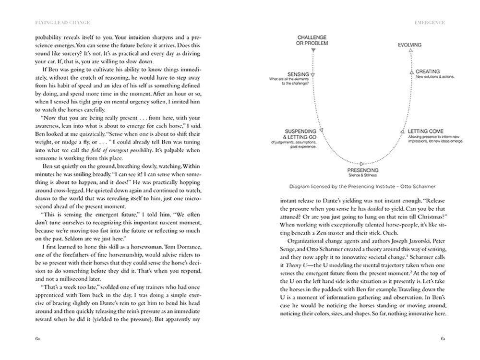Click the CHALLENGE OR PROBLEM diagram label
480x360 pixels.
[312, 40]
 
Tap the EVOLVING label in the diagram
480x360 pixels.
[409, 45]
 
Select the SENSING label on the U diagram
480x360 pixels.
[298, 74]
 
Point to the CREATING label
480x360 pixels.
[427, 71]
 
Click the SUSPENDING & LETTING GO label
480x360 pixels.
[300, 134]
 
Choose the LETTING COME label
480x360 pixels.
[426, 131]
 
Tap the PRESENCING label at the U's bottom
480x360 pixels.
[362, 170]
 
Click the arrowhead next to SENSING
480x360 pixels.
[312, 75]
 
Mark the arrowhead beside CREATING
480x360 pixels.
[411, 72]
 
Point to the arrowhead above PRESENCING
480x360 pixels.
[362, 163]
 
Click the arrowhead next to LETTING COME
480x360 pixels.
[403, 131]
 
